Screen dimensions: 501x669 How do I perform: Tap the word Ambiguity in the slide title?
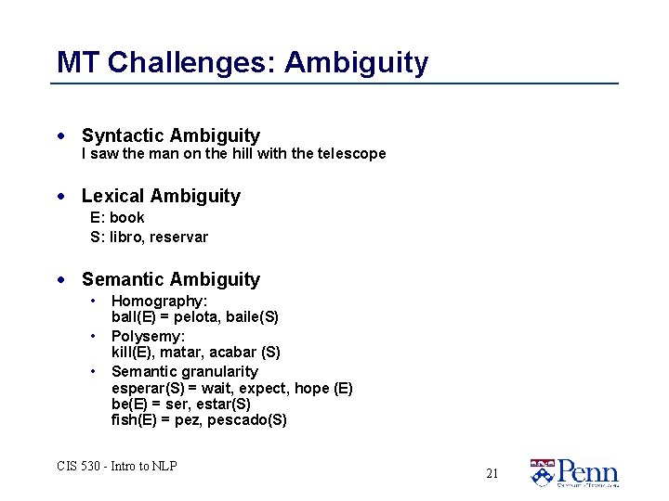(x=357, y=63)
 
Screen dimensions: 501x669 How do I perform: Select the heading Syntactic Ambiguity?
(x=171, y=136)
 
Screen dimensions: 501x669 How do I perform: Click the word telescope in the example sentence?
(x=351, y=154)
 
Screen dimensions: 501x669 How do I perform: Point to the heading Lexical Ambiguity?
(x=161, y=196)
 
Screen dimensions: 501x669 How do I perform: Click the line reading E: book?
(x=117, y=218)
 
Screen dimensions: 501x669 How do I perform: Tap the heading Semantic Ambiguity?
(x=171, y=279)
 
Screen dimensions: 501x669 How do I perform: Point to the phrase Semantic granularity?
(x=184, y=371)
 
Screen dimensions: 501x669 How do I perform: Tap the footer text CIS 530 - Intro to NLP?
(x=116, y=466)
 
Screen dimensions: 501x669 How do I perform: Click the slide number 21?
(x=492, y=473)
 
